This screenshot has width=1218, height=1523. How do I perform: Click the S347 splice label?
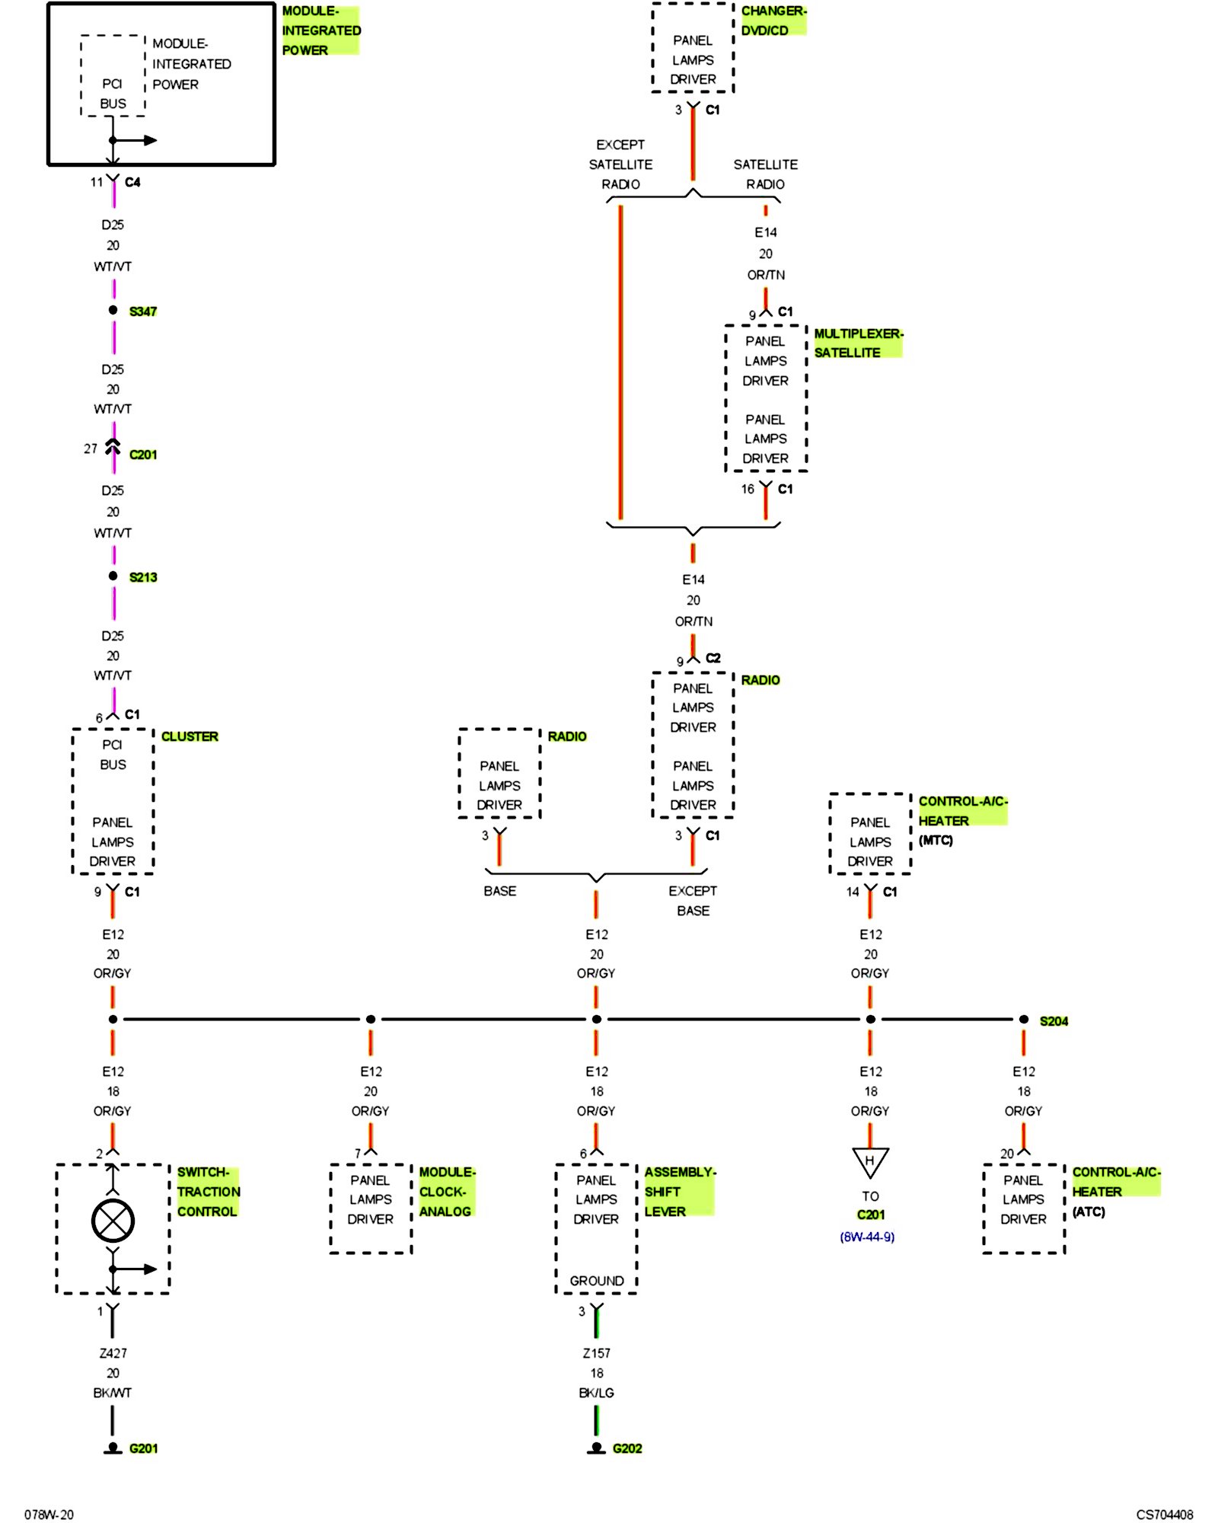(142, 311)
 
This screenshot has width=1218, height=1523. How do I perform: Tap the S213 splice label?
(142, 577)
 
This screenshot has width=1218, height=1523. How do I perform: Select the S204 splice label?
(1054, 1021)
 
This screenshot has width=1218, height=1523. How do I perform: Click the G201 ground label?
(143, 1448)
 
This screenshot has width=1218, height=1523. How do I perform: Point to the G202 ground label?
(627, 1448)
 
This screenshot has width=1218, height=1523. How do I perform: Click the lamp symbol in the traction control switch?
(113, 1221)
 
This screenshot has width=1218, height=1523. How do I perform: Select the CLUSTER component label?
(190, 736)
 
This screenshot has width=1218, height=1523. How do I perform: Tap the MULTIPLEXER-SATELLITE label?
(857, 343)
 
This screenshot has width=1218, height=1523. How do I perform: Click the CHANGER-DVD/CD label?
(773, 21)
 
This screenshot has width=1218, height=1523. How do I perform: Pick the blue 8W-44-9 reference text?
(867, 1237)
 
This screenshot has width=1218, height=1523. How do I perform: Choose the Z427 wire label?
(113, 1353)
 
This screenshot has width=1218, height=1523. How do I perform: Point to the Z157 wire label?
(597, 1353)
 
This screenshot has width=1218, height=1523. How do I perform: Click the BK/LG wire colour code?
(596, 1393)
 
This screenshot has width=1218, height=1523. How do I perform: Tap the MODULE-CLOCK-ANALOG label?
(446, 1192)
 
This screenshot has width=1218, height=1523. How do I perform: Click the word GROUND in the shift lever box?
(597, 1281)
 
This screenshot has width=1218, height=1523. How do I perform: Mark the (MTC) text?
(936, 840)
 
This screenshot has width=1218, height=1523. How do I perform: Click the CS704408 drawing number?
(1164, 1515)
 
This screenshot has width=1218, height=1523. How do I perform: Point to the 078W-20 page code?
(49, 1515)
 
